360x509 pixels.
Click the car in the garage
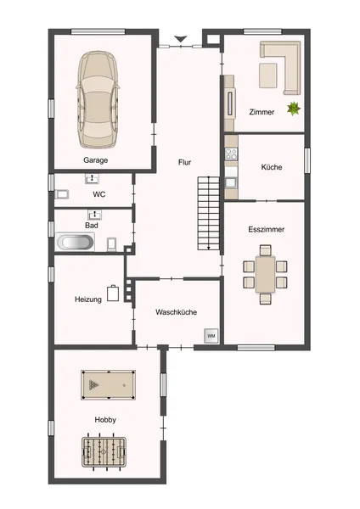click(98, 99)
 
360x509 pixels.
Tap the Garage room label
click(96, 160)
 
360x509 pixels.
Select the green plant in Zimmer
click(294, 109)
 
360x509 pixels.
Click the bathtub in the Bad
click(75, 242)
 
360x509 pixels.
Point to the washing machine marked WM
click(211, 336)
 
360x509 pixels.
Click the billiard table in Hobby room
click(108, 385)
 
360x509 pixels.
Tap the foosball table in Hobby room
click(104, 451)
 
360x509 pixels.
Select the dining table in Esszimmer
click(266, 274)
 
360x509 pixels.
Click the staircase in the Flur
click(209, 213)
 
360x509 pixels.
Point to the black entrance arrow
click(180, 39)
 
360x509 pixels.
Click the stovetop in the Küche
click(231, 154)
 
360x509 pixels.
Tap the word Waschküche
click(176, 312)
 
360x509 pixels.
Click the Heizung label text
click(88, 299)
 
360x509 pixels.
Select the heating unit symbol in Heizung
click(113, 294)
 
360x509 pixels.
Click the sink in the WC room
click(93, 178)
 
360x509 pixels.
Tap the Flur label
click(184, 162)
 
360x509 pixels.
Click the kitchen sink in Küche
click(231, 182)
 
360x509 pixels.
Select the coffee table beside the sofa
click(268, 76)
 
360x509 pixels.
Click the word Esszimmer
click(266, 229)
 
